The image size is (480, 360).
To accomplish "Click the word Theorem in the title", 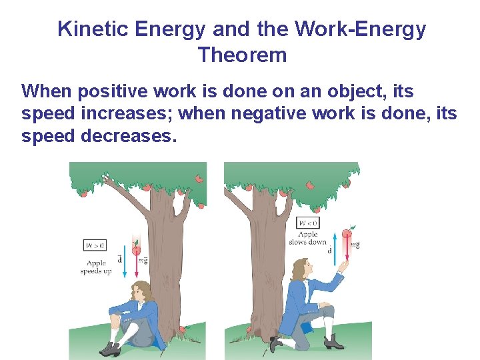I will (x=242, y=55).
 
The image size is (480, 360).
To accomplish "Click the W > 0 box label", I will (x=95, y=245).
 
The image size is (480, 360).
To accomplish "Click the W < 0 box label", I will (x=307, y=223).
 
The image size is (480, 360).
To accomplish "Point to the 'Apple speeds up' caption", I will (x=95, y=267).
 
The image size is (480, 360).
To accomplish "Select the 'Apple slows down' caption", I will (x=307, y=238).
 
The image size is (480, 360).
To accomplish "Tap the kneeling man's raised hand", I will (x=341, y=266).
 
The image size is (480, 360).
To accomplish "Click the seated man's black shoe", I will (x=109, y=348).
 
